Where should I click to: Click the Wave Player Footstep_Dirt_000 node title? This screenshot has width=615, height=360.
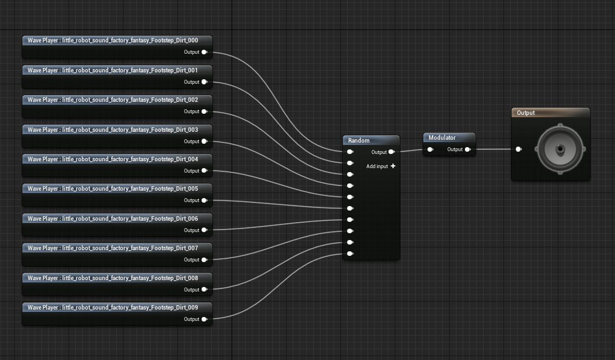pyautogui.click(x=113, y=41)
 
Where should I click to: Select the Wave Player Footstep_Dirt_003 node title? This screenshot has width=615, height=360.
pyautogui.click(x=113, y=130)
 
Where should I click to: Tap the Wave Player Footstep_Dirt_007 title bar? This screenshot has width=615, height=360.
pyautogui.click(x=113, y=248)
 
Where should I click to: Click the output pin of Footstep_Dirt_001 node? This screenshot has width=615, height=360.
pyautogui.click(x=204, y=82)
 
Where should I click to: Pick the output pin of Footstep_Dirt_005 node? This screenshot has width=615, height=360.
pyautogui.click(x=204, y=200)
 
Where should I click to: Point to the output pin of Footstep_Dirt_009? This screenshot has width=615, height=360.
pyautogui.click(x=204, y=319)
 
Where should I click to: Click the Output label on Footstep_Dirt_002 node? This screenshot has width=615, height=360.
pyautogui.click(x=191, y=112)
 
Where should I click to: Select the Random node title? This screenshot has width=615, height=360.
pyautogui.click(x=359, y=140)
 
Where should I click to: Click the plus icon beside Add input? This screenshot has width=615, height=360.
pyautogui.click(x=393, y=166)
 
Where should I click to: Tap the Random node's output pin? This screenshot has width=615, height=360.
pyautogui.click(x=391, y=152)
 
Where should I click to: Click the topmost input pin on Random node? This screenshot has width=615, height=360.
pyautogui.click(x=351, y=152)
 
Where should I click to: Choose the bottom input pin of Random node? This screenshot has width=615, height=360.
pyautogui.click(x=351, y=254)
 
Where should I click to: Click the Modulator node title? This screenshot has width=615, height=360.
pyautogui.click(x=442, y=138)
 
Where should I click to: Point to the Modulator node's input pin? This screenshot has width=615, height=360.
pyautogui.click(x=430, y=150)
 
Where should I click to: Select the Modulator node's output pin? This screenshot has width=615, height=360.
pyautogui.click(x=467, y=150)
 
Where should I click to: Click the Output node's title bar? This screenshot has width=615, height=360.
pyautogui.click(x=550, y=113)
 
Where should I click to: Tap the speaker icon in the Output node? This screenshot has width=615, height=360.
pyautogui.click(x=560, y=149)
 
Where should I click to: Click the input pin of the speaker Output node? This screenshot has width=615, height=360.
pyautogui.click(x=518, y=149)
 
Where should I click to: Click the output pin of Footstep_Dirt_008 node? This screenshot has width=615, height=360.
pyautogui.click(x=204, y=290)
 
